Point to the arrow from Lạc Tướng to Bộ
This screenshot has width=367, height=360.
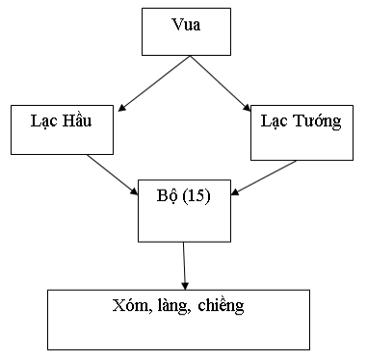tap(264, 177)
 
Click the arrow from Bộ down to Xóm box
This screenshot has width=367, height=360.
tap(185, 265)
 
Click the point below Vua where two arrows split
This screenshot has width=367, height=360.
tap(188, 57)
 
